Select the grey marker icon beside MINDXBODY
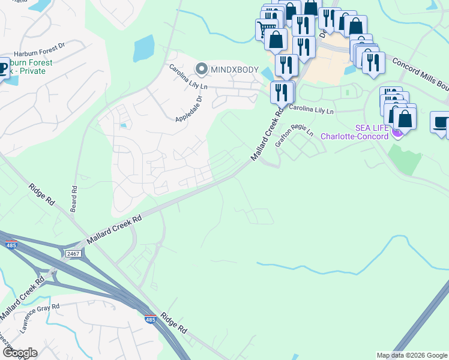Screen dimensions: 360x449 201,70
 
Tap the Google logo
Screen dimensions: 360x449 19,353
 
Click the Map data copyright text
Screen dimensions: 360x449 412,355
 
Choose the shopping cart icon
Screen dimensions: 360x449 265,28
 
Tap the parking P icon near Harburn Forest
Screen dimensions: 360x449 3,67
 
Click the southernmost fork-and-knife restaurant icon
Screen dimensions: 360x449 282,92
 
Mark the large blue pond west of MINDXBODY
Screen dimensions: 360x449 144,49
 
